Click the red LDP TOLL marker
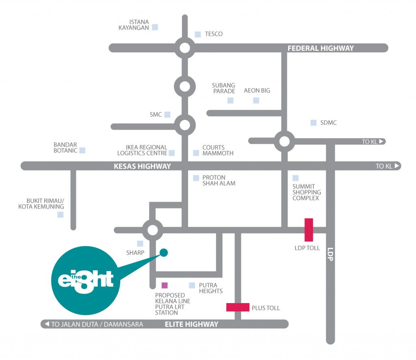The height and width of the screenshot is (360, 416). tap(309, 230)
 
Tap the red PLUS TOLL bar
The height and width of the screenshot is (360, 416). tap(238, 307)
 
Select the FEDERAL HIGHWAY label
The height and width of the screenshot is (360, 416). tap(321, 48)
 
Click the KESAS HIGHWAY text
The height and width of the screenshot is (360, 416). tap(142, 166)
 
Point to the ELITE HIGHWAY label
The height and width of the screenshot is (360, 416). tap(191, 324)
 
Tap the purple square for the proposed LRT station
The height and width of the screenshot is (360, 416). tap(165, 285)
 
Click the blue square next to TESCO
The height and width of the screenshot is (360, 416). tap(198, 35)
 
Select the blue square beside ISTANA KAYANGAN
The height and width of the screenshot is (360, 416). tap(155, 27)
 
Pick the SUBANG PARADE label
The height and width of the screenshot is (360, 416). tap(223, 88)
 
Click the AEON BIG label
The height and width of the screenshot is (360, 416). tap(257, 91)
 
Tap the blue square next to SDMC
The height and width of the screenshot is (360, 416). tap(313, 123)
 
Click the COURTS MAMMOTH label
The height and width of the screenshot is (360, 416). tap(218, 150)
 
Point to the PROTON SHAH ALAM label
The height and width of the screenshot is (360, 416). tap(219, 180)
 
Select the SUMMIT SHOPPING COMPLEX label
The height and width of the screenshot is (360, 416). tap(307, 192)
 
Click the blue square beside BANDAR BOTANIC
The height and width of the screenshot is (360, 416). tap(82, 150)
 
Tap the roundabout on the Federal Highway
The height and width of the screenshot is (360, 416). tap(184, 48)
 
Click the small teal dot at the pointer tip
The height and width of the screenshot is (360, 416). tap(164, 253)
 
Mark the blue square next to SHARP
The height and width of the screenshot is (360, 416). tap(140, 244)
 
